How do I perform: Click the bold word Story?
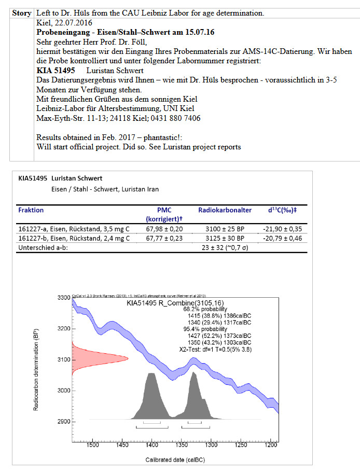pyautogui.click(x=22, y=13)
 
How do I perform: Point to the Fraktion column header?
pyautogui.click(x=31, y=210)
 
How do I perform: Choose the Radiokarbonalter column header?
pyautogui.click(x=225, y=210)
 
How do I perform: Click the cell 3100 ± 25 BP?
pyautogui.click(x=225, y=228)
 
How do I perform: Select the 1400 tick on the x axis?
pyautogui.click(x=151, y=445)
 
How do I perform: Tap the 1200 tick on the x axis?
pyautogui.click(x=270, y=445)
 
